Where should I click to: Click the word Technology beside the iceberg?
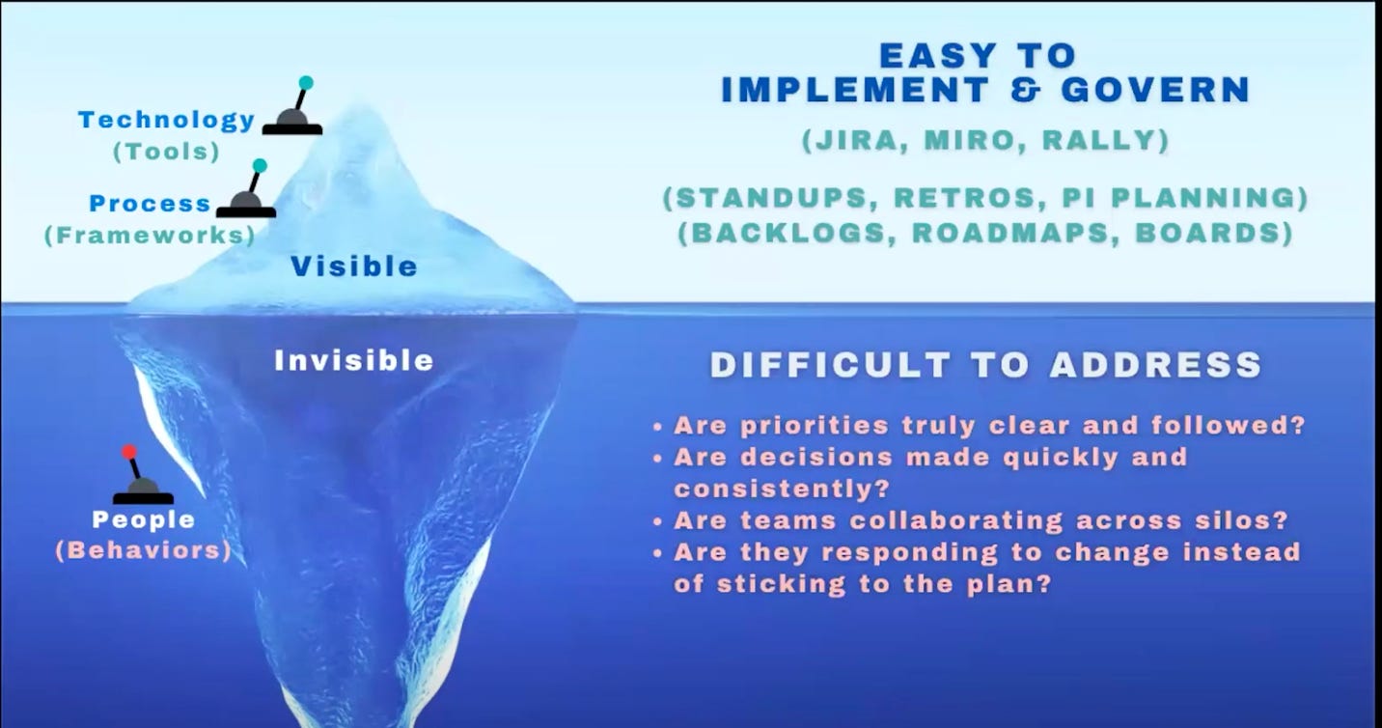click(x=166, y=121)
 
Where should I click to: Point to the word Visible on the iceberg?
click(x=354, y=266)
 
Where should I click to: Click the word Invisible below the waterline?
click(x=354, y=361)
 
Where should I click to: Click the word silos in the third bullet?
click(x=1244, y=520)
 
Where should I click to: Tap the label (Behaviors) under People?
click(x=143, y=551)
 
